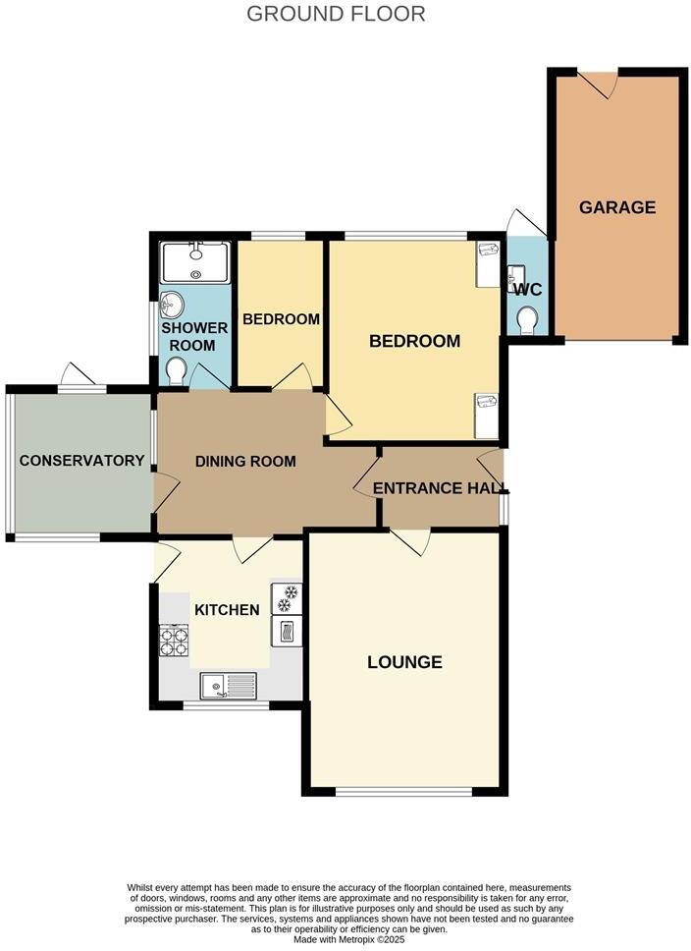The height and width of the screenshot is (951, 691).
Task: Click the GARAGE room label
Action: (x=616, y=207)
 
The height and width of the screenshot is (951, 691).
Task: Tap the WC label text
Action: (x=527, y=290)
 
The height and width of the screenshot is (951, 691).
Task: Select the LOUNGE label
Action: (x=404, y=662)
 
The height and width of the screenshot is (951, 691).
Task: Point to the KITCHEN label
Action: (x=227, y=610)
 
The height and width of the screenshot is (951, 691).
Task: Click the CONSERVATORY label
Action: (x=81, y=461)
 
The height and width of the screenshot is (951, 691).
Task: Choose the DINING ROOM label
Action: (x=245, y=461)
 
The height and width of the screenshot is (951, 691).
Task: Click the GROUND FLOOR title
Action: (x=336, y=14)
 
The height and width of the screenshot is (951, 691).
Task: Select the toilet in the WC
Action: (x=527, y=320)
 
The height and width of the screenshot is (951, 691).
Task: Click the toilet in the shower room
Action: (x=176, y=371)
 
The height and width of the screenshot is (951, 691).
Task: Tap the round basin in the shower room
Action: (x=174, y=304)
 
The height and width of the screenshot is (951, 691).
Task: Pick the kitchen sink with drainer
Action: (x=228, y=684)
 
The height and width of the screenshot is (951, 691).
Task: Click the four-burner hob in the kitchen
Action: (x=174, y=641)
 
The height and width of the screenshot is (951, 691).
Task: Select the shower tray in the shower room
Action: (x=195, y=262)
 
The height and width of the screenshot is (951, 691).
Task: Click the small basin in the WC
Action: (x=516, y=276)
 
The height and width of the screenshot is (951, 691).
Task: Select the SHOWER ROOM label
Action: (x=194, y=336)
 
